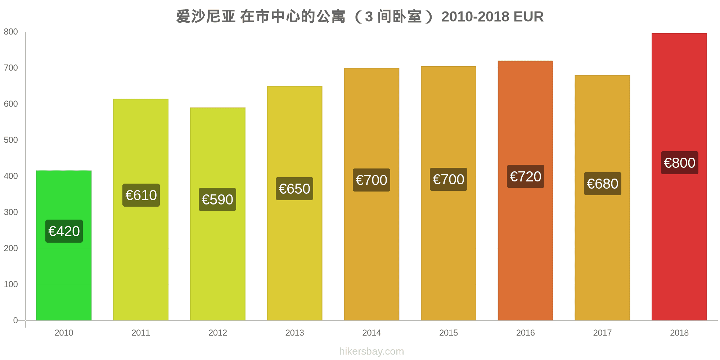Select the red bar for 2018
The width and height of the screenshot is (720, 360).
(679, 234)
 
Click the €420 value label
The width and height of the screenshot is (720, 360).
(64, 231)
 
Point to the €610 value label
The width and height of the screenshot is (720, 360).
(141, 195)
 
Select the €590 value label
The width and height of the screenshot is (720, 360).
(217, 199)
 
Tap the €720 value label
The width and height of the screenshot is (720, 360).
(525, 176)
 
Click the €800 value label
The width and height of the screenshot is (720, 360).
(679, 163)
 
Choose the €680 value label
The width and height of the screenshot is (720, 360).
(602, 184)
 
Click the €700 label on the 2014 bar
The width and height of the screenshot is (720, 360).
(371, 180)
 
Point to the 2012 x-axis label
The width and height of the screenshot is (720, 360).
(217, 333)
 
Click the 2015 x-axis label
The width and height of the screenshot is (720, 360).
(448, 333)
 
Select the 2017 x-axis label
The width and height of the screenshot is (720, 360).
(602, 333)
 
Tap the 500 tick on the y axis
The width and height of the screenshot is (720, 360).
(11, 140)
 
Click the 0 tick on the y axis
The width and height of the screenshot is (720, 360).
(15, 320)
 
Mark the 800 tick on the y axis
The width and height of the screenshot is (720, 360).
(11, 32)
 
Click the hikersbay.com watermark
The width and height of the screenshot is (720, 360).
(371, 351)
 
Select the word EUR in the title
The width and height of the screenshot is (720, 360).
(528, 17)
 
